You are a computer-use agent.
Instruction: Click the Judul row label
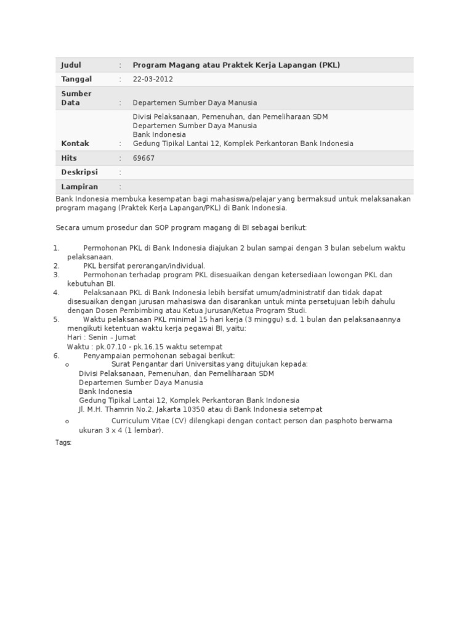tap(71, 65)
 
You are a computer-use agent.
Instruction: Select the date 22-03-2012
tap(153, 79)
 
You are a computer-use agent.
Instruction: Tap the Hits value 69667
tap(144, 158)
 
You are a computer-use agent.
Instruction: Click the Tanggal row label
tap(76, 79)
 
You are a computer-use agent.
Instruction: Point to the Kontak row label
tap(75, 144)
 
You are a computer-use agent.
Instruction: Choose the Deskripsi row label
tap(79, 173)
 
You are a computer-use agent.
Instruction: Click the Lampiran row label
tap(79, 187)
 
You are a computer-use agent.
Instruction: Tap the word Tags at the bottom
tap(63, 442)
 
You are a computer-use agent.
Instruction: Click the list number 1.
tap(56, 248)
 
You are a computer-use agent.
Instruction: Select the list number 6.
tap(56, 356)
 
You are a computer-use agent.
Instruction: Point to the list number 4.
tap(56, 293)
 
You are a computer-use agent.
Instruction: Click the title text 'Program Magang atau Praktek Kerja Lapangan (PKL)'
tap(236, 65)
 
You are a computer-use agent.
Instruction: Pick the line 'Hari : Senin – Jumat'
tap(102, 338)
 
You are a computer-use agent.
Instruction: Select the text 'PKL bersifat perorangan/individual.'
tap(144, 266)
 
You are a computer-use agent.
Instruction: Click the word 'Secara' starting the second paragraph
tap(67, 228)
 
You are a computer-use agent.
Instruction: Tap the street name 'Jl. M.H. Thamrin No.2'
tap(116, 409)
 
